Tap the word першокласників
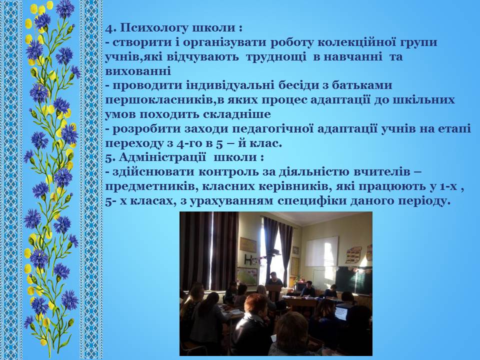[x=159, y=100]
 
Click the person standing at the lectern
[x=274, y=280]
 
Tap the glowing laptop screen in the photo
[x=340, y=313]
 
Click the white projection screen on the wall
[x=321, y=251]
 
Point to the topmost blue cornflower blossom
[x=65, y=8]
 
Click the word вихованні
[x=138, y=71]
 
